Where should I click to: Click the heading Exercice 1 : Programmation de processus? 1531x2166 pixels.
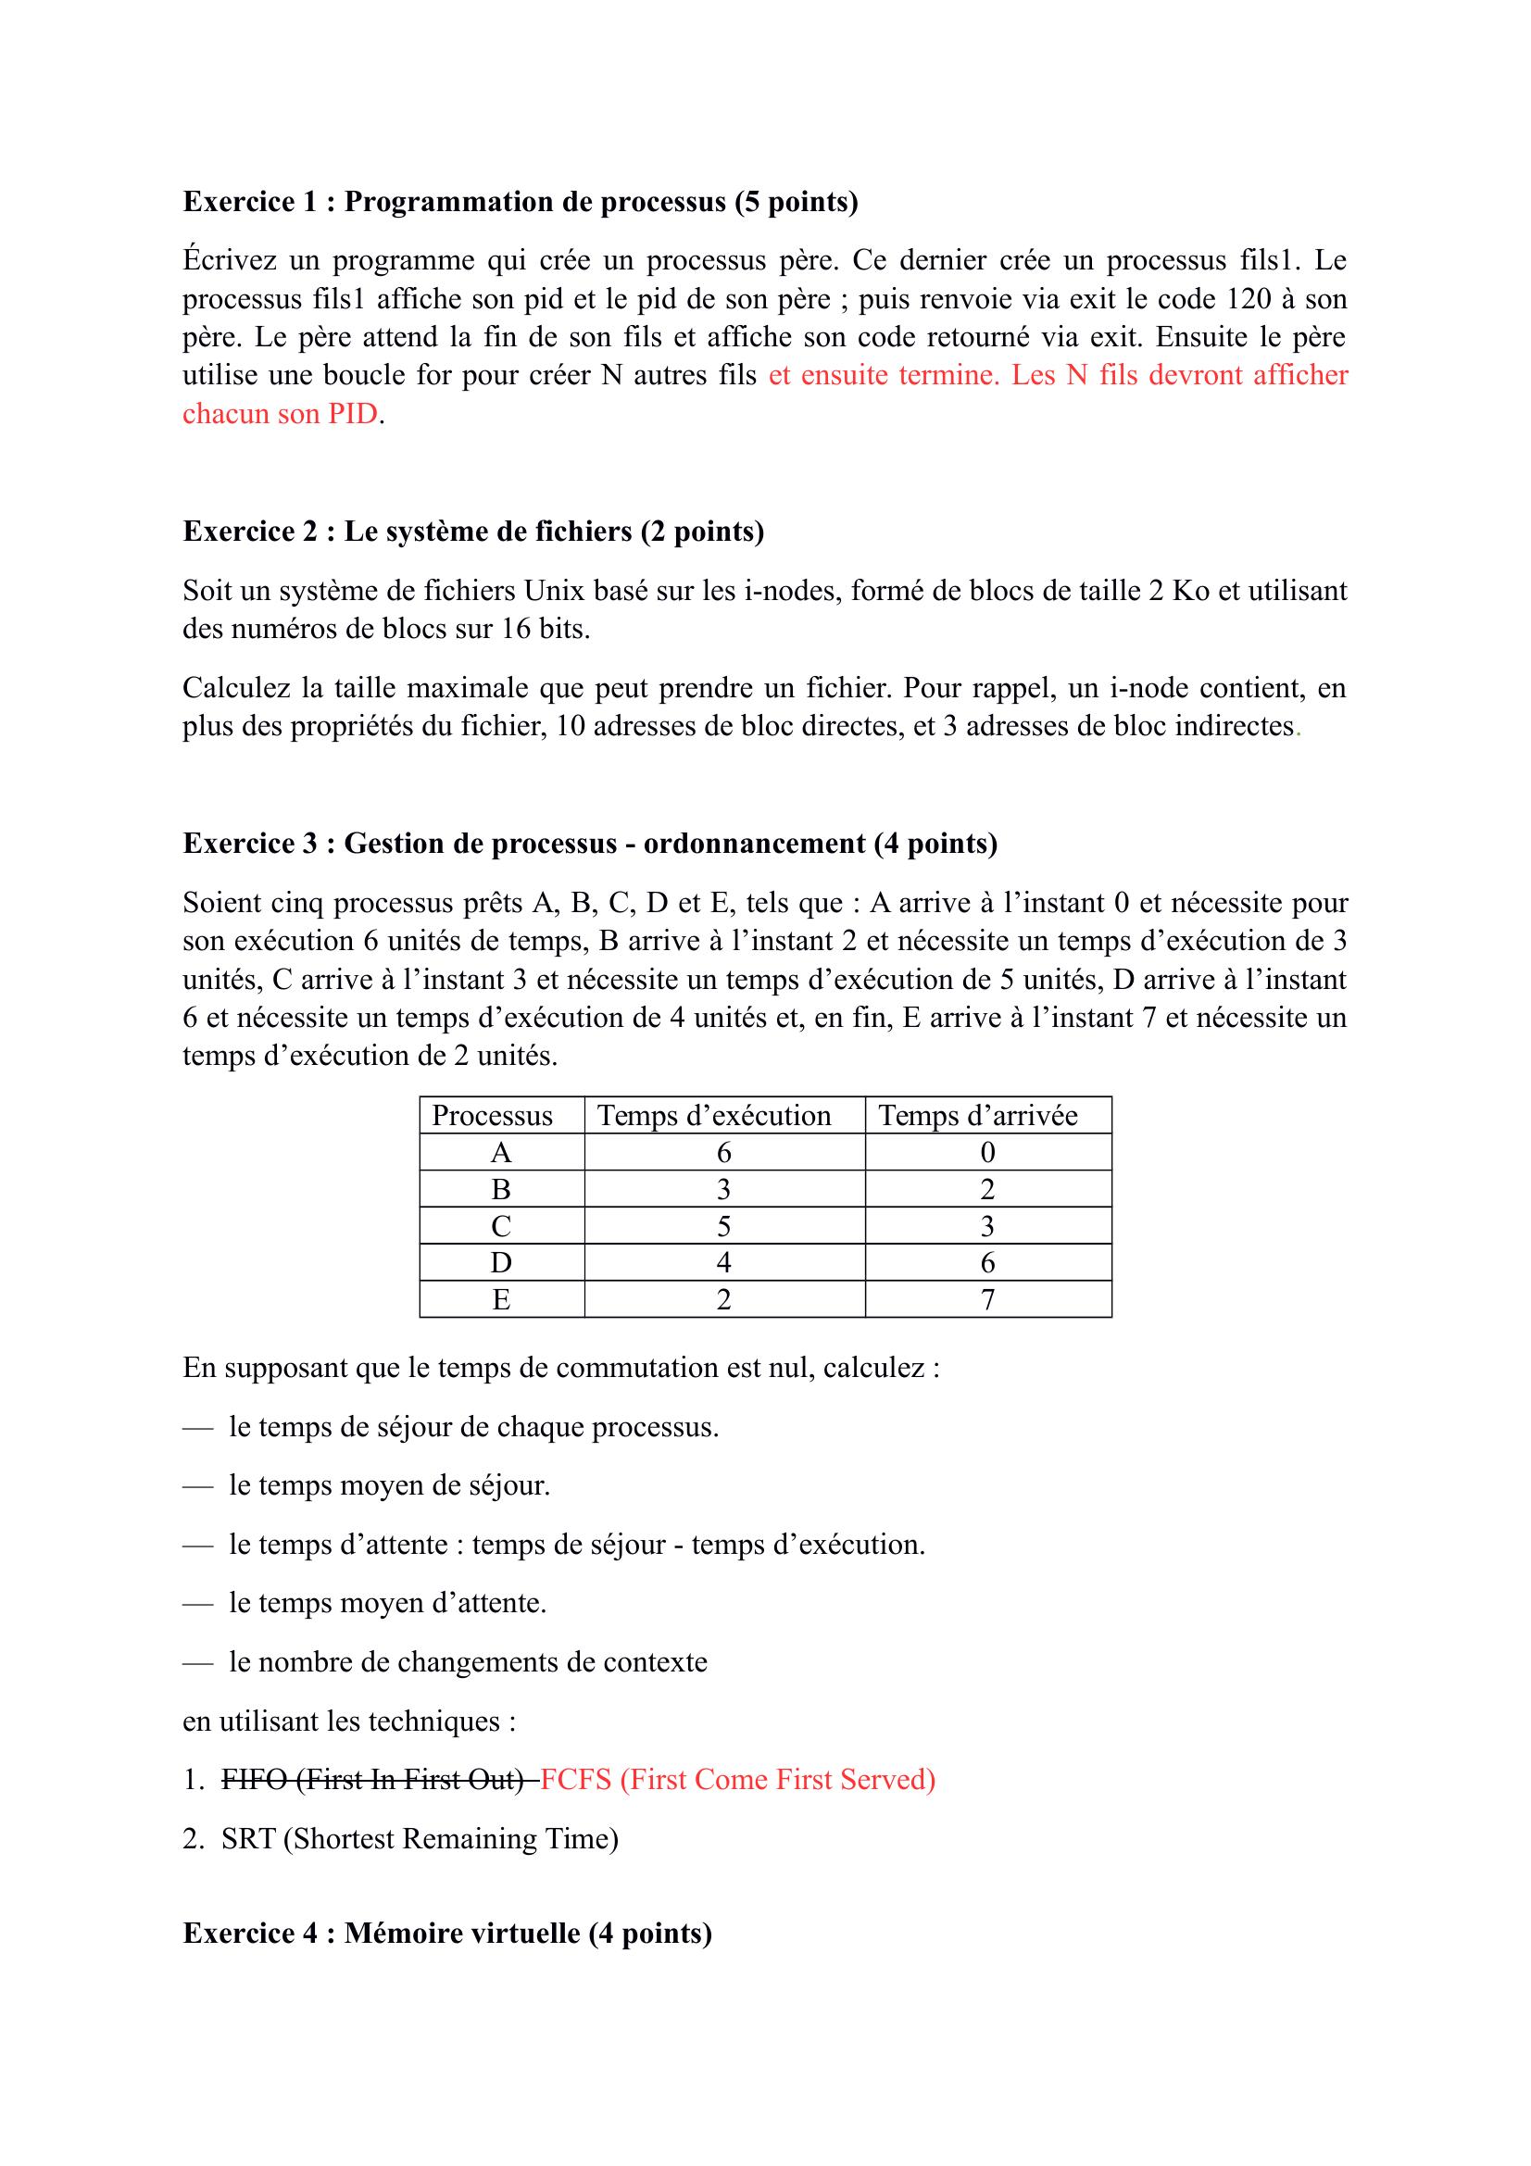pyautogui.click(x=520, y=202)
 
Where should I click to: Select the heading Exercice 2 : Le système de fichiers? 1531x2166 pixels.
pyautogui.click(x=472, y=532)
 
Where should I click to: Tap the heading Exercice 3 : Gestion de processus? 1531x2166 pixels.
pyautogui.click(x=590, y=844)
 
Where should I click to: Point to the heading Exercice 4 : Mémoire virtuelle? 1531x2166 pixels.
pyautogui.click(x=446, y=1934)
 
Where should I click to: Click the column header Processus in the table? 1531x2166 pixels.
pyautogui.click(x=492, y=1116)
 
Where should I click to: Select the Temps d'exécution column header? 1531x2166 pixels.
pyautogui.click(x=714, y=1116)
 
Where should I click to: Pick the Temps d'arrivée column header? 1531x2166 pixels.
pyautogui.click(x=977, y=1116)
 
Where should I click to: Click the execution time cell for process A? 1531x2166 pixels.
pyautogui.click(x=723, y=1153)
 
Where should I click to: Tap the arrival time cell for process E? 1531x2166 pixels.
pyautogui.click(x=987, y=1300)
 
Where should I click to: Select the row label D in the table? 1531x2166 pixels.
pyautogui.click(x=501, y=1263)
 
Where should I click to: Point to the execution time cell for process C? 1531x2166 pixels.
pyautogui.click(x=723, y=1226)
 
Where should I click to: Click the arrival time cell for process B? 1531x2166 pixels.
pyautogui.click(x=987, y=1190)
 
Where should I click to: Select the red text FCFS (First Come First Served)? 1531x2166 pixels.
pyautogui.click(x=737, y=1780)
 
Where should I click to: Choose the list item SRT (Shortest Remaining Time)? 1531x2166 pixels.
pyautogui.click(x=420, y=1839)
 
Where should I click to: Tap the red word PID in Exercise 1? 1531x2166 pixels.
pyautogui.click(x=353, y=414)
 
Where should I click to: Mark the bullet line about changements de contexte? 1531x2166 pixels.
pyautogui.click(x=467, y=1662)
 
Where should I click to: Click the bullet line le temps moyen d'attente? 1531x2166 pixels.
pyautogui.click(x=387, y=1603)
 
